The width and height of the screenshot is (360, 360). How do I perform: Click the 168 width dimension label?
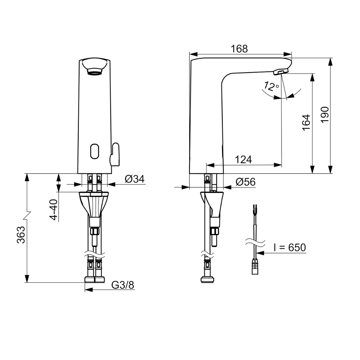click(239, 49)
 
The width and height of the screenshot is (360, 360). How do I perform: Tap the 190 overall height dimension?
click(325, 115)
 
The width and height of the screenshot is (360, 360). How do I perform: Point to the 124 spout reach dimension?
click(243, 160)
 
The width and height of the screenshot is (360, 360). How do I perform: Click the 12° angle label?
click(271, 86)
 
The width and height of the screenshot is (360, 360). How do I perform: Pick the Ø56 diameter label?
click(245, 182)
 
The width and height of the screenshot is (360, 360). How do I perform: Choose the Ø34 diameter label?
click(135, 179)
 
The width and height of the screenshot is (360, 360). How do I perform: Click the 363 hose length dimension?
click(21, 235)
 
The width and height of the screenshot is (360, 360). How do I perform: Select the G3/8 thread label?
click(123, 285)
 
